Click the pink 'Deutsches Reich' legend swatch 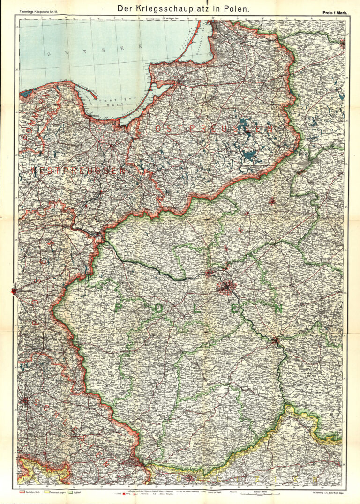22,492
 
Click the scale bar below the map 255,493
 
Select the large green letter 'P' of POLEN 120,307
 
